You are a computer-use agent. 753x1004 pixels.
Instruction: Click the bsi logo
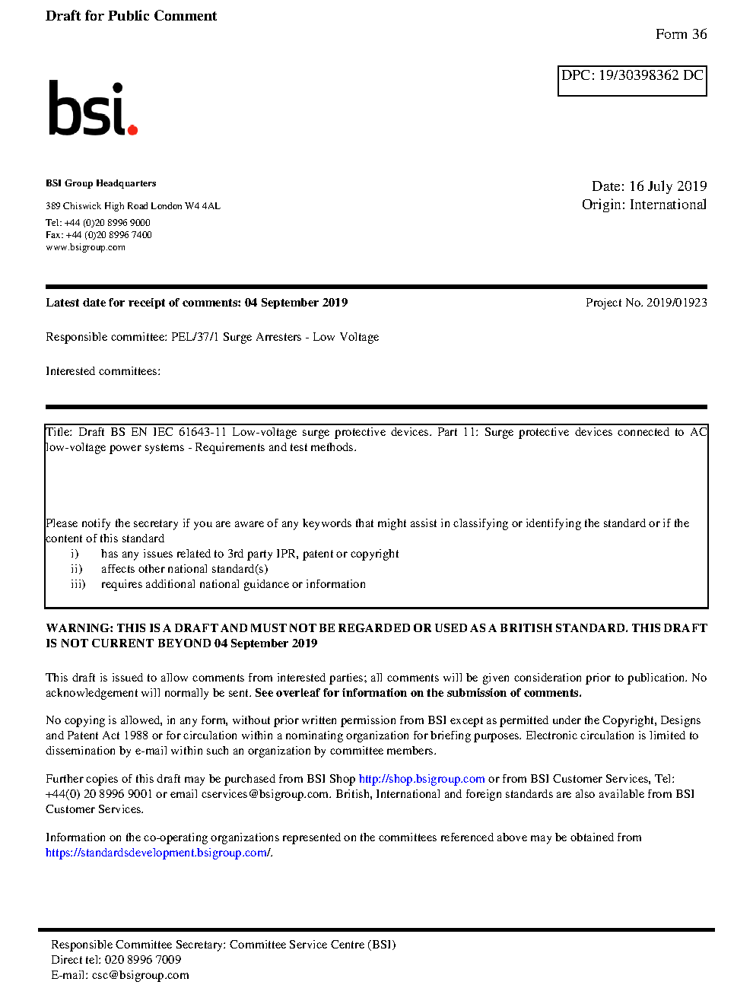92,109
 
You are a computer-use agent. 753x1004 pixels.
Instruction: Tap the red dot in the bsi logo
132,129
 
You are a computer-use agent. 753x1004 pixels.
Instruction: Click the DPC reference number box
632,81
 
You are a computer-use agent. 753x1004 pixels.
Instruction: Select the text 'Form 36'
681,34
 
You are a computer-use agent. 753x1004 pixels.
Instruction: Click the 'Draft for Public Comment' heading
131,16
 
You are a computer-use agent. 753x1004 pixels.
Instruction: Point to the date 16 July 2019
668,186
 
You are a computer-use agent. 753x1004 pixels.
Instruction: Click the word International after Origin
668,205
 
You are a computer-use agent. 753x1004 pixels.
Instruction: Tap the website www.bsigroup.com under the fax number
85,247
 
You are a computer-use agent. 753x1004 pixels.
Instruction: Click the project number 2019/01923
676,303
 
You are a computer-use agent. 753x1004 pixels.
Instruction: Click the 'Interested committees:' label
103,371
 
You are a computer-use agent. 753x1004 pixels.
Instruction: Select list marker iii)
78,584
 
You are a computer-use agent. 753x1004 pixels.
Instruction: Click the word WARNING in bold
79,628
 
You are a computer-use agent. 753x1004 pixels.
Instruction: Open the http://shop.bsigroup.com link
421,779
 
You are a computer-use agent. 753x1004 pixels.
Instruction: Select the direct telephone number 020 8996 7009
142,960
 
